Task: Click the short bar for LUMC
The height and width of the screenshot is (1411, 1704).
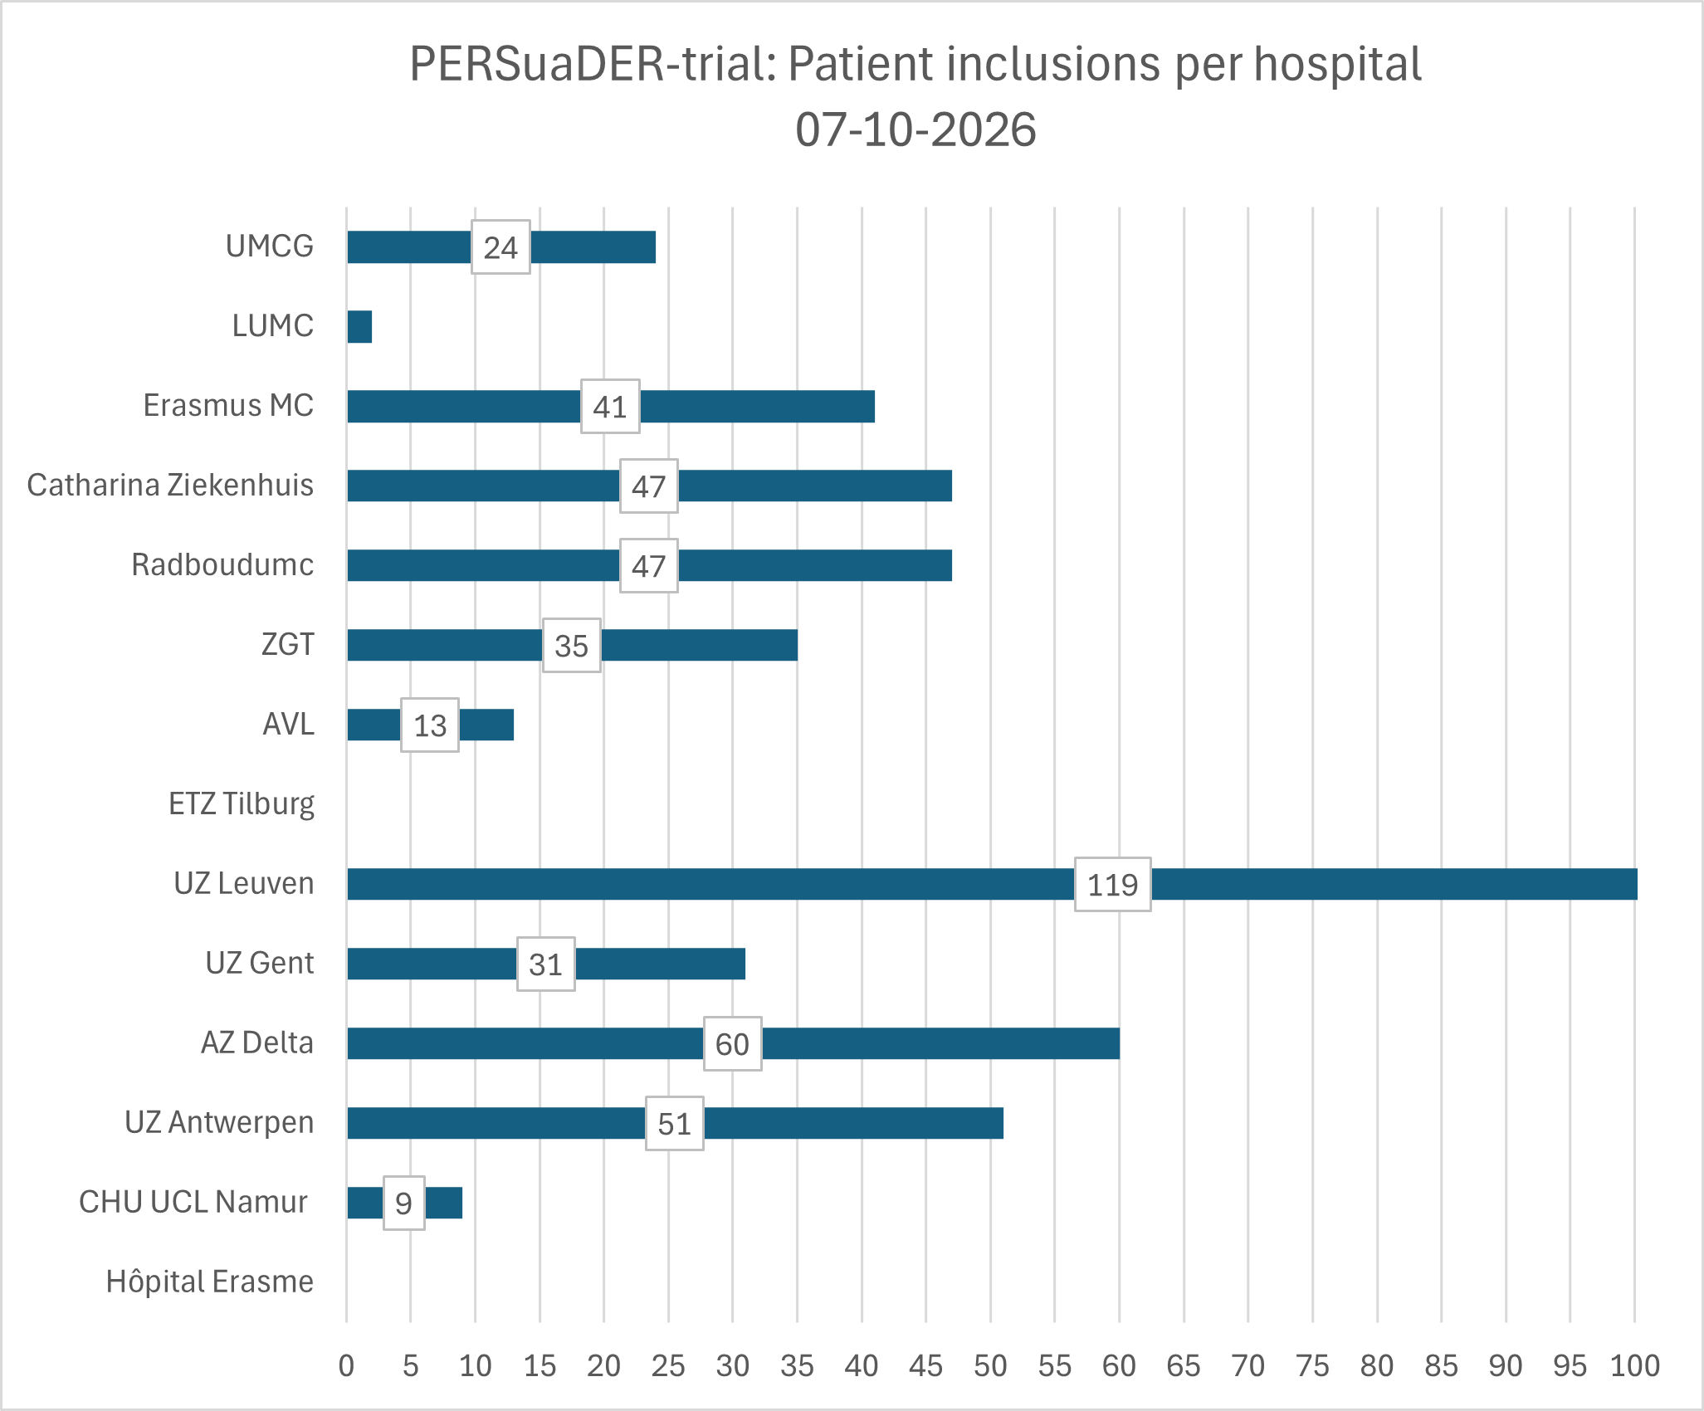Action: (x=359, y=326)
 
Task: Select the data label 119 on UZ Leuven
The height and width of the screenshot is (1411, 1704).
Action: (x=1112, y=884)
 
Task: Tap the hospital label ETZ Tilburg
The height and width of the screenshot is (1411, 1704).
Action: (x=242, y=804)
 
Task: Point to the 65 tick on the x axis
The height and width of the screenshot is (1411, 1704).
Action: (x=1184, y=1365)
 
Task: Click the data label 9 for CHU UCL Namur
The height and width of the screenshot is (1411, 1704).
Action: (x=404, y=1203)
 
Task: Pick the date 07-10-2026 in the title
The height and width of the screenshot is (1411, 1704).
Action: (x=915, y=129)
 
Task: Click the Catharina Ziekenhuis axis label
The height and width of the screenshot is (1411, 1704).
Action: (x=170, y=485)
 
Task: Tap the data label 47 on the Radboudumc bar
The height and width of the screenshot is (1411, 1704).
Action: (x=649, y=565)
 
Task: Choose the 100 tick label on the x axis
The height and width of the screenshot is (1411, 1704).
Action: (x=1634, y=1365)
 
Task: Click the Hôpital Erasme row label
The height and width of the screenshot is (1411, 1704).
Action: (x=210, y=1282)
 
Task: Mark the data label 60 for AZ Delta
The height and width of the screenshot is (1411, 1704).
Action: (x=733, y=1043)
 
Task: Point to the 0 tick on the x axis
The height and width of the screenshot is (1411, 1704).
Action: (x=347, y=1365)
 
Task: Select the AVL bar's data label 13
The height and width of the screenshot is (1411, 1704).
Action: (x=430, y=725)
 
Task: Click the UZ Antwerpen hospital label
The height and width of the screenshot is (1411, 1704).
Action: (x=219, y=1122)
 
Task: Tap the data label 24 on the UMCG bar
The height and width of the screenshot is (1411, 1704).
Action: (x=501, y=247)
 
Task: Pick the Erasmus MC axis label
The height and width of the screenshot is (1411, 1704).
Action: (x=228, y=405)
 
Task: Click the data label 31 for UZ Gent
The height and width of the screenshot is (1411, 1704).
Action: (x=546, y=964)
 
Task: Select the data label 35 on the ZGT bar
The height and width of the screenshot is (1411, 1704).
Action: (x=572, y=645)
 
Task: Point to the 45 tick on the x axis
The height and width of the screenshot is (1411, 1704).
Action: (x=926, y=1365)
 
